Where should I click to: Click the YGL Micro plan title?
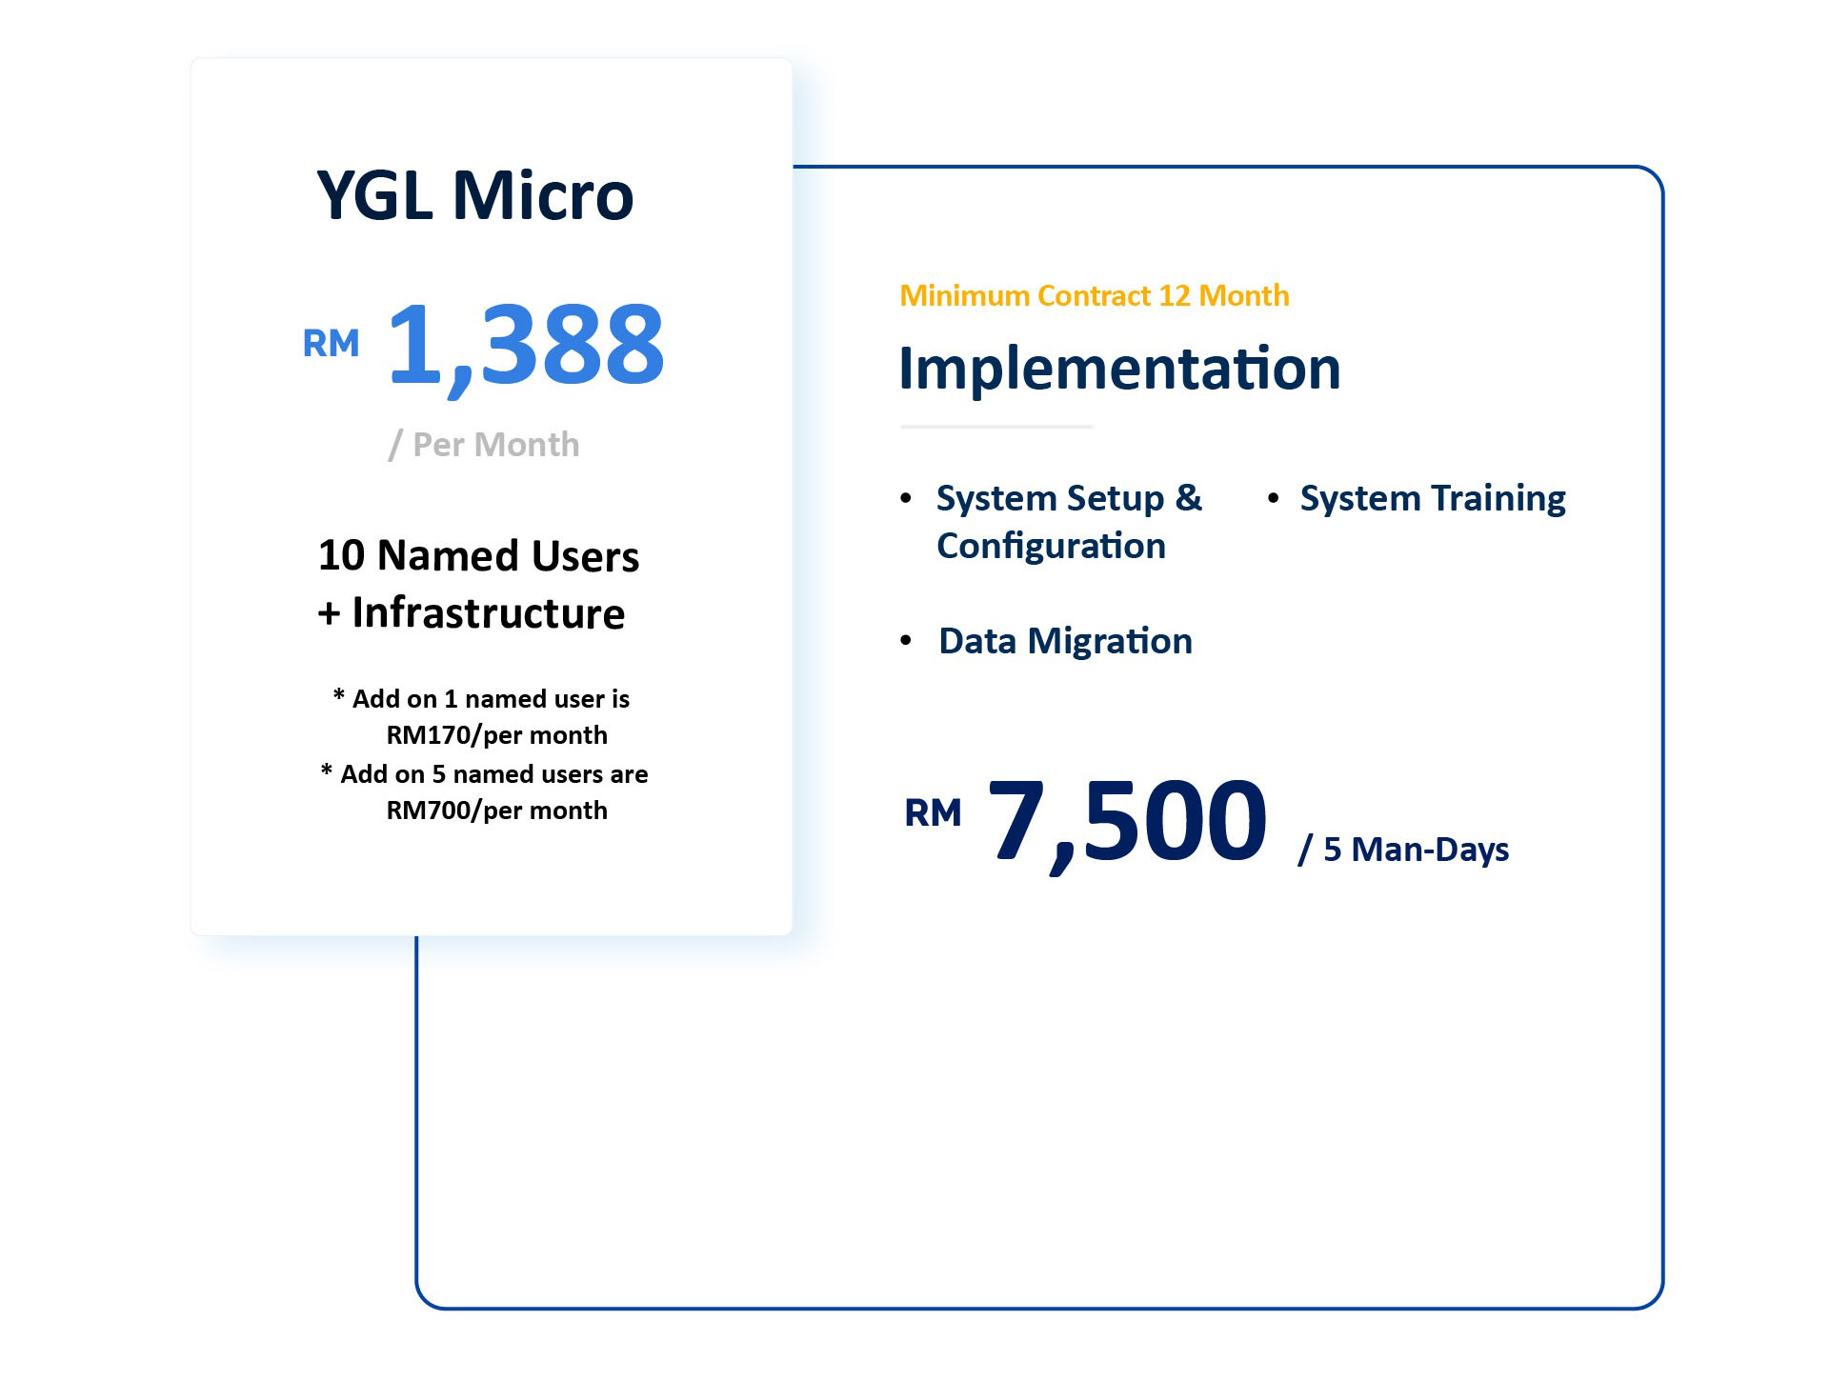coord(474,195)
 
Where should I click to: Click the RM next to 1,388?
coord(331,343)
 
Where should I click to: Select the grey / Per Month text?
coord(484,445)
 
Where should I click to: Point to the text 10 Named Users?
coord(478,555)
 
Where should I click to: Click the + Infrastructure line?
coord(472,612)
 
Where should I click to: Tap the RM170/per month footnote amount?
coord(496,735)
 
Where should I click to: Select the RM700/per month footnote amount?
coord(496,811)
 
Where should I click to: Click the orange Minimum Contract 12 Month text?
coord(1095,295)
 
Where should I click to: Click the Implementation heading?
coord(1119,368)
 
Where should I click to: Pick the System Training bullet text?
coord(1433,498)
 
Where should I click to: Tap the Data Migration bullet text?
coord(1065,641)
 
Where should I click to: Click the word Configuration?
coord(1051,547)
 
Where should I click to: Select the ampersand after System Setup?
coord(1189,497)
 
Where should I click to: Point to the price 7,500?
coord(1128,821)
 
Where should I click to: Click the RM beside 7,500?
coord(933,813)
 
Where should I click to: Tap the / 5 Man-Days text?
coord(1403,850)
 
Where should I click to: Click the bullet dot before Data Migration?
coord(906,640)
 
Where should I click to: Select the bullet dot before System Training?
coord(1273,497)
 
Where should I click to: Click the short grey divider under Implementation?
coord(996,427)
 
